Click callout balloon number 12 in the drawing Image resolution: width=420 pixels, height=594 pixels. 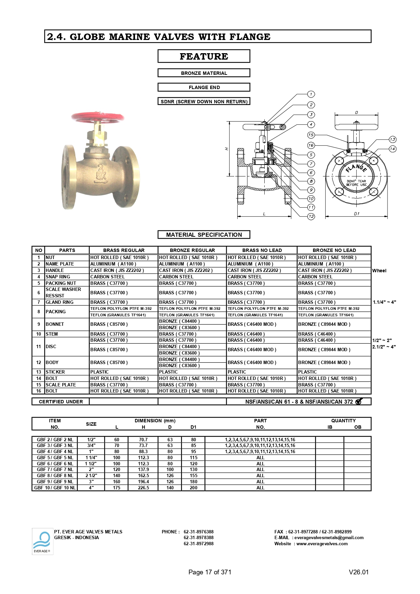pos(311,216)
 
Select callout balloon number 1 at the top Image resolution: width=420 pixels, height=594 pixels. pos(311,94)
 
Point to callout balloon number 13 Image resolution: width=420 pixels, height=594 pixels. pos(392,140)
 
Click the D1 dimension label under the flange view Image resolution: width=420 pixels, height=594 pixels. pos(356,214)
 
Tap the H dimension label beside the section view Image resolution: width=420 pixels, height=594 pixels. pos(227,149)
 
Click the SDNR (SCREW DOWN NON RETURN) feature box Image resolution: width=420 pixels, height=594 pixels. pos(204,101)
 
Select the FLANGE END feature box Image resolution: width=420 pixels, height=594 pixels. pos(204,87)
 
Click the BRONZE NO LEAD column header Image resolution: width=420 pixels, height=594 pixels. pos(334,250)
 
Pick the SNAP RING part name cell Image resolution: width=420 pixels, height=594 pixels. pos(67,277)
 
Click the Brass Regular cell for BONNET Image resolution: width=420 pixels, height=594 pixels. pos(124,324)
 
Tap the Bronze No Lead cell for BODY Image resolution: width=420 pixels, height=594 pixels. pos(334,362)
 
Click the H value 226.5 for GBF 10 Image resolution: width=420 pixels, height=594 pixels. pos(143,488)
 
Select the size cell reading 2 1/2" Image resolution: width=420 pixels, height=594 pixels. pos(91,475)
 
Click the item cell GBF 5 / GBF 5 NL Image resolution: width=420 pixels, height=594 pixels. pos(55,458)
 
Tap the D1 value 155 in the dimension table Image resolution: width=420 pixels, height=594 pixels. pos(193,475)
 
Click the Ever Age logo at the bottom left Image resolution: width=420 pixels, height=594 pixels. pos(43,541)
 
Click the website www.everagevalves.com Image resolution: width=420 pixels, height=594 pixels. pos(322,544)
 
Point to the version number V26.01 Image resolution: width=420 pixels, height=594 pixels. pos(358,572)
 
